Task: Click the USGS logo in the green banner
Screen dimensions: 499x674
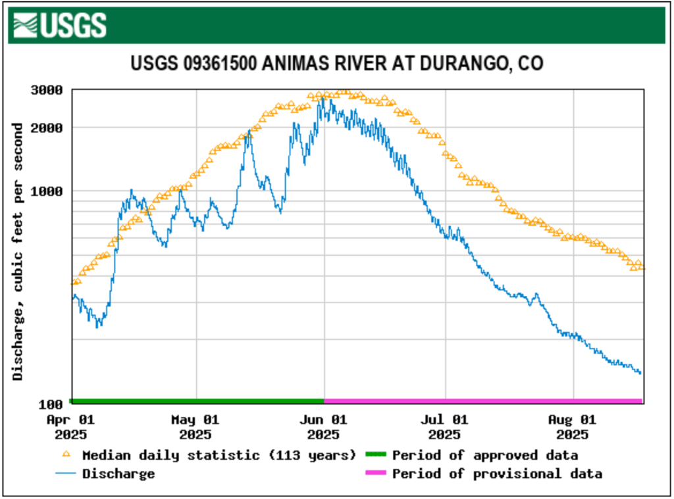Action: (60, 25)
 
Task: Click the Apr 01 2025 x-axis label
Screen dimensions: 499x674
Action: (70, 427)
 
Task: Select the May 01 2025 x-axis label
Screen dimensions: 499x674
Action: (195, 427)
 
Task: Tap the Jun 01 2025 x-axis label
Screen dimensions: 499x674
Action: (323, 427)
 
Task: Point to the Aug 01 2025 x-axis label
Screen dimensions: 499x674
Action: (573, 427)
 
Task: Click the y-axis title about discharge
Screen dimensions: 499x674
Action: (18, 250)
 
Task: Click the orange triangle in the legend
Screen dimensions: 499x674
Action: (65, 454)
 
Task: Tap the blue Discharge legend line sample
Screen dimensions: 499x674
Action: (65, 473)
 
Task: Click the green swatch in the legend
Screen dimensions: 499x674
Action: (374, 454)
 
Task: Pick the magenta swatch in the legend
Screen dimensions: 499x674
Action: (374, 473)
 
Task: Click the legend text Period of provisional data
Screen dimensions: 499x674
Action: (497, 473)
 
